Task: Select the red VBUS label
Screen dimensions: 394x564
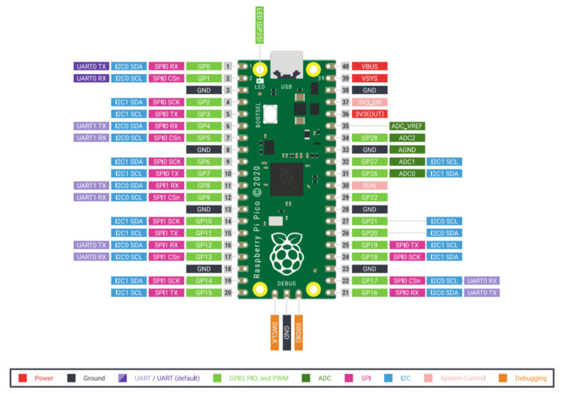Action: tap(369, 66)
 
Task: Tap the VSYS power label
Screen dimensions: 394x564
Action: tap(369, 78)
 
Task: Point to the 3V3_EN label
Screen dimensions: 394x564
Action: tap(369, 102)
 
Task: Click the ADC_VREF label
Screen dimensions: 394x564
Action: tap(408, 125)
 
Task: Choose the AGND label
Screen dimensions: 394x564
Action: tap(408, 149)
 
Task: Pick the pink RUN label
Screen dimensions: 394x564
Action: tap(369, 185)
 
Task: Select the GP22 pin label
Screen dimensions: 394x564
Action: tap(369, 197)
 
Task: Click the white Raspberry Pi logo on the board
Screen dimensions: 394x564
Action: tap(286, 253)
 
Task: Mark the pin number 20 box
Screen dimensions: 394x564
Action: tap(228, 293)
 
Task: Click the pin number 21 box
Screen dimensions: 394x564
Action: tap(344, 293)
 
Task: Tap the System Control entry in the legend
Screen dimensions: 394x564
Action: tap(463, 378)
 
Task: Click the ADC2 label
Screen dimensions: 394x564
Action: tap(408, 137)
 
